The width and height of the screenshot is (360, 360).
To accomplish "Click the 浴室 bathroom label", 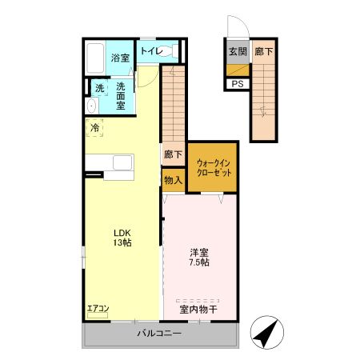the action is pos(120,58).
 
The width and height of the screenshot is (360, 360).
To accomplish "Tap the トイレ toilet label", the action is pos(151,50).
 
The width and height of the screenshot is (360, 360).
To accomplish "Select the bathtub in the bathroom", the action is pos(95,58).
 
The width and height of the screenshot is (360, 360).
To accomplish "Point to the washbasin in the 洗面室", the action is pos(92,106).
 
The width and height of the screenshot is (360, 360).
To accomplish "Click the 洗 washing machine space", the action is pos(100,88).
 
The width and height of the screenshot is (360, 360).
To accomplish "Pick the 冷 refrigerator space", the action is pos(94,128).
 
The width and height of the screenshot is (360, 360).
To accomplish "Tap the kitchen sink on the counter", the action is pos(122,162).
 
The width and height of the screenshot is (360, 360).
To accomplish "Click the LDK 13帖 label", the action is pos(122,238).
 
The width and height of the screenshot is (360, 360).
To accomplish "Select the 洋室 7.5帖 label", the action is pos(199,258).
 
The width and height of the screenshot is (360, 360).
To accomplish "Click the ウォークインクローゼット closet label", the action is pos(214,168).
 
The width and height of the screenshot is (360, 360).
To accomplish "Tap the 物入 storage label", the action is pos(174,180).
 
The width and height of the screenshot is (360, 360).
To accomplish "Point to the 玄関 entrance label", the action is pos(238,51).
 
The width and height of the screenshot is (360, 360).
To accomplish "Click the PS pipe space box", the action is pos(238,84).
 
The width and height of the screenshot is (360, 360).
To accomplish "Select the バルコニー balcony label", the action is pos(160,333).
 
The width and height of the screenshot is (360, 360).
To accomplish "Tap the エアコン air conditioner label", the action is pos(98,309).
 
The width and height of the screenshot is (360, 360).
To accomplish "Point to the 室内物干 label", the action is pos(198,310).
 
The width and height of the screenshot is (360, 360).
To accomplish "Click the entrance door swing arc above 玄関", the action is pos(242,22).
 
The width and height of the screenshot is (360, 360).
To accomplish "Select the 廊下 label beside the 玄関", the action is pos(264,51).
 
